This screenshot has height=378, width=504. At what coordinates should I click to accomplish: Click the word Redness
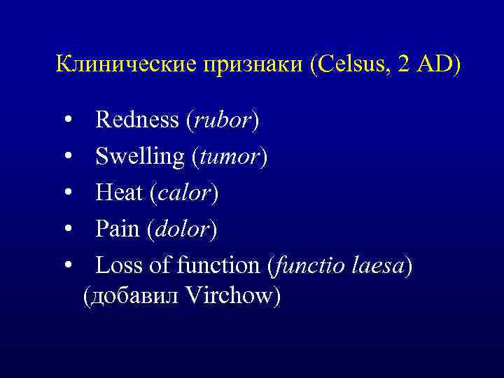tap(137, 120)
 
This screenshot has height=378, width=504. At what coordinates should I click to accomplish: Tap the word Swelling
tap(140, 157)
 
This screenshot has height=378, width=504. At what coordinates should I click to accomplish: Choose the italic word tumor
tap(229, 157)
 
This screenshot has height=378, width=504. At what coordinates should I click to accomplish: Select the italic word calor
tap(183, 192)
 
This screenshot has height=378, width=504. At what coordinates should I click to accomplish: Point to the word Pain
tap(118, 229)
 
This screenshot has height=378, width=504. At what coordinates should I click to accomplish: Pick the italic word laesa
tap(372, 265)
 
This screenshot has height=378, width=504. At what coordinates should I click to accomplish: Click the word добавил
tap(134, 297)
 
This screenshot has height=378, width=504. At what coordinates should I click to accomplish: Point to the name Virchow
tap(230, 296)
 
